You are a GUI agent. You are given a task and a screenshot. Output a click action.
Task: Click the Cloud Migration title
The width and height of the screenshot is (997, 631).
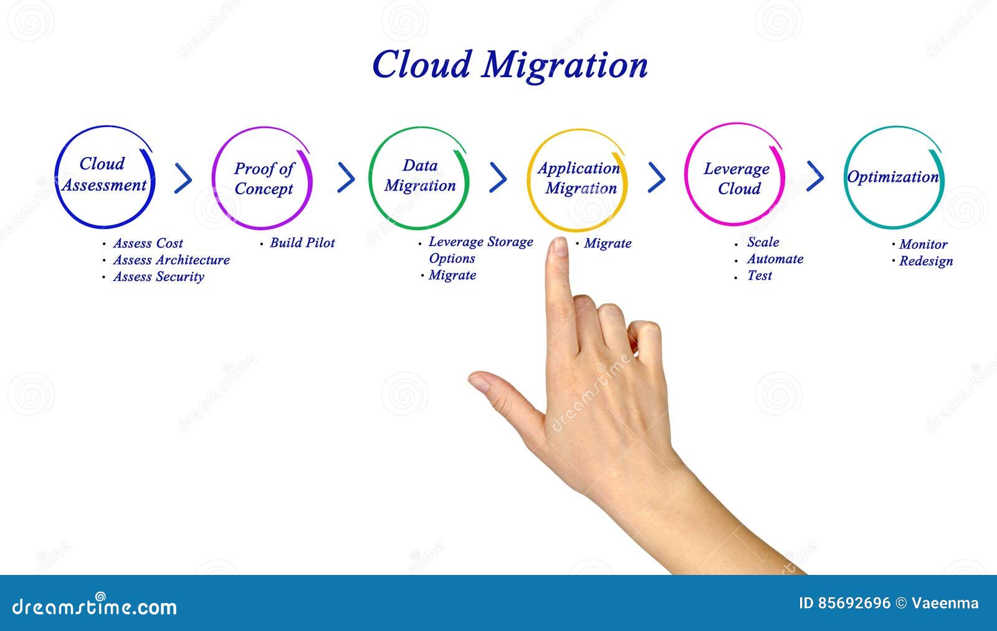510,65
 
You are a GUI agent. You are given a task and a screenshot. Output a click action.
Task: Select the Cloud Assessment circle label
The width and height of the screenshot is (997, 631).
103,175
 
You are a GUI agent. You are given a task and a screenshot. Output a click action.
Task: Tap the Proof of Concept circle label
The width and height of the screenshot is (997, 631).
264,179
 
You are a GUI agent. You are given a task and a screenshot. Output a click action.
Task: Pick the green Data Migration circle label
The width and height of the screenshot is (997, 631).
419,176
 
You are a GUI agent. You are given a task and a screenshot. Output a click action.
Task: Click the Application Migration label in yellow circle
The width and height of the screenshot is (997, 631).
580,178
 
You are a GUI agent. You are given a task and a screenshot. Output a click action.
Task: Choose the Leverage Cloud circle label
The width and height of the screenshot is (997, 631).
737,179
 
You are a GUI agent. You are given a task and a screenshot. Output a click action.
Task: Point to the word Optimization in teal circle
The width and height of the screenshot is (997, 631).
892,177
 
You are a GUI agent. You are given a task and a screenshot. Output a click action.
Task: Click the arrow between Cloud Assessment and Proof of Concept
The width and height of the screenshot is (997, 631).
183,179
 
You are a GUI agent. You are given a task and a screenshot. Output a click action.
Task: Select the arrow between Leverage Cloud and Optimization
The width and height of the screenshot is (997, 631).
815,176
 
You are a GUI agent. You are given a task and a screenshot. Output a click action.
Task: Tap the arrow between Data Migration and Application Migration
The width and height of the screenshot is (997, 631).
498,178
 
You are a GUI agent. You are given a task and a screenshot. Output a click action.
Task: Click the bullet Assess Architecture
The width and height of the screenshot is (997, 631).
171,260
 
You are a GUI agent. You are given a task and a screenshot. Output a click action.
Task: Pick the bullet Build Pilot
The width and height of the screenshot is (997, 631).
302,243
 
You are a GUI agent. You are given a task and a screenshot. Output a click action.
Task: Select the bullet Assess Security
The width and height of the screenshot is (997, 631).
158,277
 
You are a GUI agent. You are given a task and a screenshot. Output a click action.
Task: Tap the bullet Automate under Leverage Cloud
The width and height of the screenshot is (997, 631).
775,259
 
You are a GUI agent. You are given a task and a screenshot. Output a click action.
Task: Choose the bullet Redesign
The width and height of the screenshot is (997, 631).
925,261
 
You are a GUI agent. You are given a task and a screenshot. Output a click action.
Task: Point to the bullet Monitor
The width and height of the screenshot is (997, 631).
923,244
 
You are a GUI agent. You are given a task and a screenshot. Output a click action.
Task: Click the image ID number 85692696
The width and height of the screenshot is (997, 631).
854,603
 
